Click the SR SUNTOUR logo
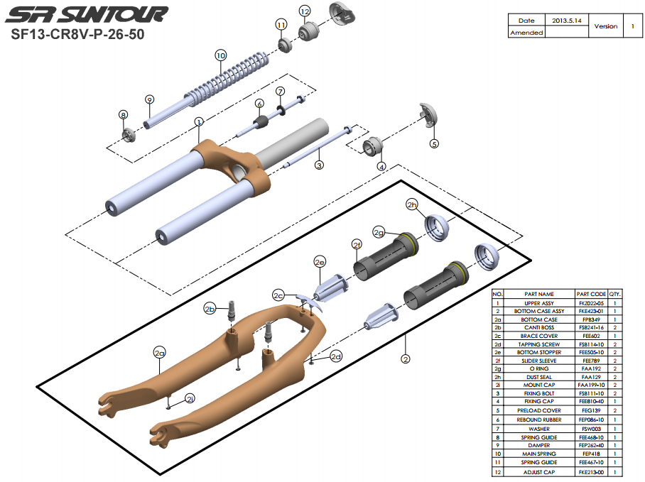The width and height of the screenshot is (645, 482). tap(92, 14)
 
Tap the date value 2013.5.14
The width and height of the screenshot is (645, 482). tap(567, 21)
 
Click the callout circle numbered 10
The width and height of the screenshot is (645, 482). tap(220, 55)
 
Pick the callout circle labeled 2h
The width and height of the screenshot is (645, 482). tap(412, 204)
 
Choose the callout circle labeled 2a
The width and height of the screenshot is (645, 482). tap(159, 351)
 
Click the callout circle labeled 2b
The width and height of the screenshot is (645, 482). tap(210, 308)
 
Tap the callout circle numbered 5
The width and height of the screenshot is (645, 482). tap(435, 143)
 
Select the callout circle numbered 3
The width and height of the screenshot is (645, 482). tap(320, 165)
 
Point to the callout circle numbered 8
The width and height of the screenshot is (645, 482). tap(123, 114)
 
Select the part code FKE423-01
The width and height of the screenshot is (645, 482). tap(592, 311)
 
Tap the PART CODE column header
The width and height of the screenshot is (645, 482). tap(592, 294)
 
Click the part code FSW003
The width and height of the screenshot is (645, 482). tap(592, 428)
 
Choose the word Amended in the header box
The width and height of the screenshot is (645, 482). tap(526, 33)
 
